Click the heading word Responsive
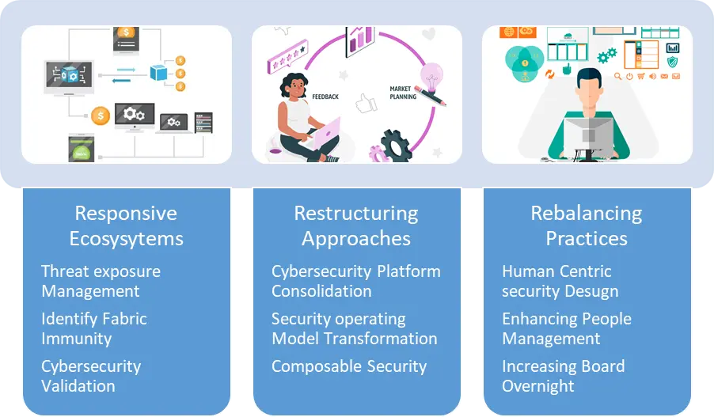(x=126, y=213)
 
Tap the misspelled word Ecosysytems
(x=126, y=238)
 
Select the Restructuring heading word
(x=356, y=213)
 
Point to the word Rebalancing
(x=587, y=213)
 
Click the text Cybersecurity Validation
(x=91, y=376)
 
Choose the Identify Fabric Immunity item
(x=94, y=328)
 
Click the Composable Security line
(x=349, y=366)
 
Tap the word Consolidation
(x=321, y=291)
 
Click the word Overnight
(x=538, y=386)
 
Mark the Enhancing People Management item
(x=567, y=328)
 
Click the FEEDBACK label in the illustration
(x=325, y=97)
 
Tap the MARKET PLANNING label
(x=403, y=93)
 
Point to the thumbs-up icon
(x=366, y=102)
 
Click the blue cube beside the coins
(x=160, y=72)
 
